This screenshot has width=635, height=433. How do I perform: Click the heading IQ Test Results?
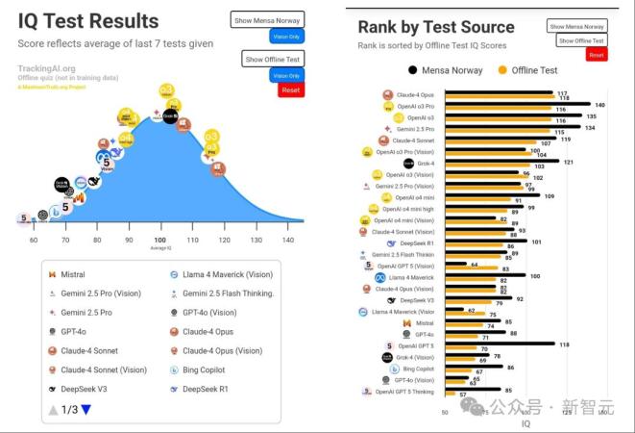click(x=88, y=21)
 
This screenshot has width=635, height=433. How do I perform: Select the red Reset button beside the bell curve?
click(x=290, y=90)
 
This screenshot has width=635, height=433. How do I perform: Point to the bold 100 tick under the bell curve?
click(x=159, y=240)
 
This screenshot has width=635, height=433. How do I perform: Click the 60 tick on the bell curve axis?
click(x=34, y=240)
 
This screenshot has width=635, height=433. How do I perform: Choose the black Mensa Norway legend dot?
click(x=413, y=69)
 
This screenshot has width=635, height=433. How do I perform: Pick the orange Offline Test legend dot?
click(x=502, y=69)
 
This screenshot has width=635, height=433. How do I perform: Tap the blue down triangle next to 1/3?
click(x=85, y=409)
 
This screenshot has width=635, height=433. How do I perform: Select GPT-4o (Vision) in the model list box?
click(x=209, y=312)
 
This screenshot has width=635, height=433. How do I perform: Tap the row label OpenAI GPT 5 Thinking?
click(x=405, y=392)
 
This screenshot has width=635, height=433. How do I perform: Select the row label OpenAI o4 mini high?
click(x=408, y=208)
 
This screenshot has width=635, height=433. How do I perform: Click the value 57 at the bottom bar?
click(x=463, y=395)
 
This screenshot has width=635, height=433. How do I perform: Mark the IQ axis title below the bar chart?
click(x=525, y=422)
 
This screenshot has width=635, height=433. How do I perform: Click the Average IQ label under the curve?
click(x=159, y=247)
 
